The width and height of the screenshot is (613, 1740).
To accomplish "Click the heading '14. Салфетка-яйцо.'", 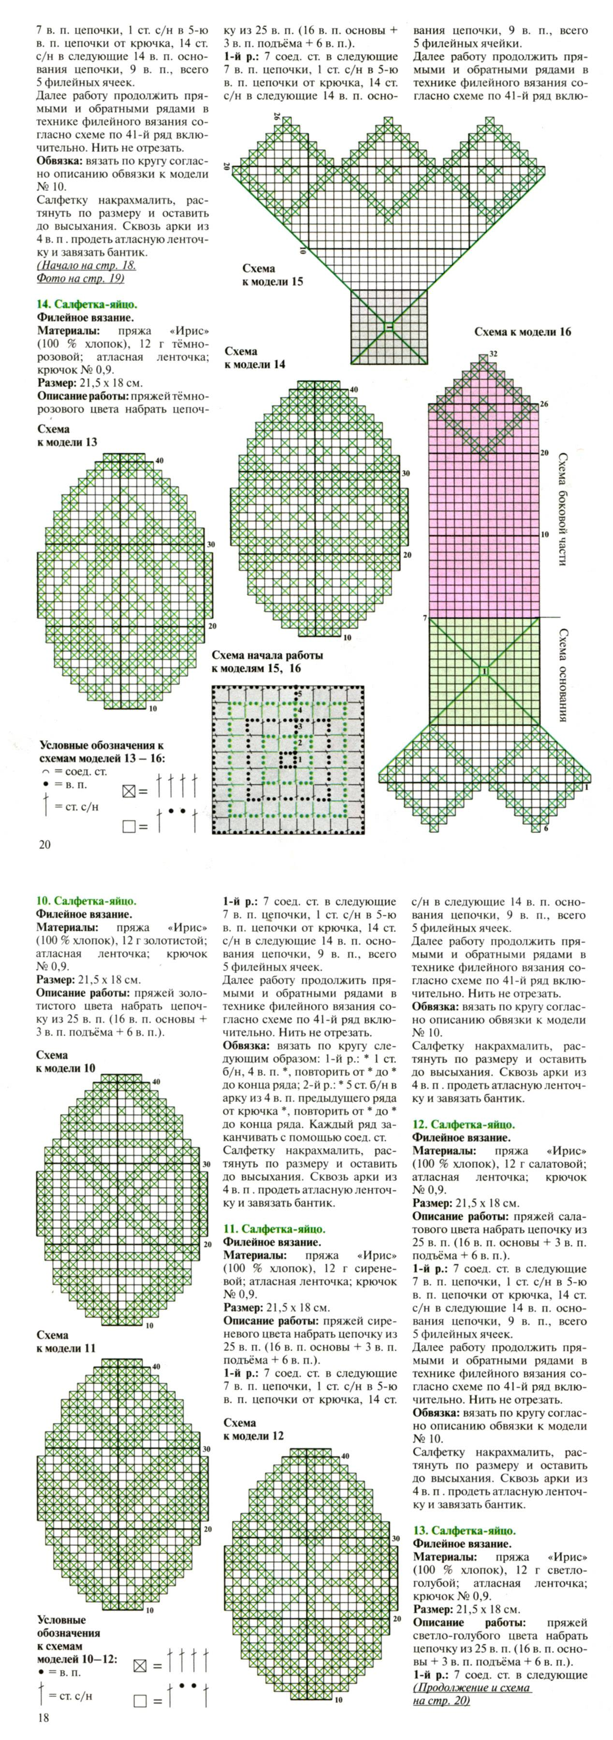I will click(x=87, y=304).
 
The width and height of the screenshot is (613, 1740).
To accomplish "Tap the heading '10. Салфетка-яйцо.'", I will click(x=87, y=900).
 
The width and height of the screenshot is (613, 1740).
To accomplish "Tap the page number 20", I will click(x=44, y=844).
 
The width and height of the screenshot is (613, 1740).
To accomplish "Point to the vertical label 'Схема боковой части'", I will click(x=562, y=508).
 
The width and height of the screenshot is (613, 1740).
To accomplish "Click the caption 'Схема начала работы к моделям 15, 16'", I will click(x=267, y=662).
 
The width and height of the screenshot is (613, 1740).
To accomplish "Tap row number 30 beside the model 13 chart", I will click(x=211, y=545).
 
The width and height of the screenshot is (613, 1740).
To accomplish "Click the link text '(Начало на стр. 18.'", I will click(x=86, y=265).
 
